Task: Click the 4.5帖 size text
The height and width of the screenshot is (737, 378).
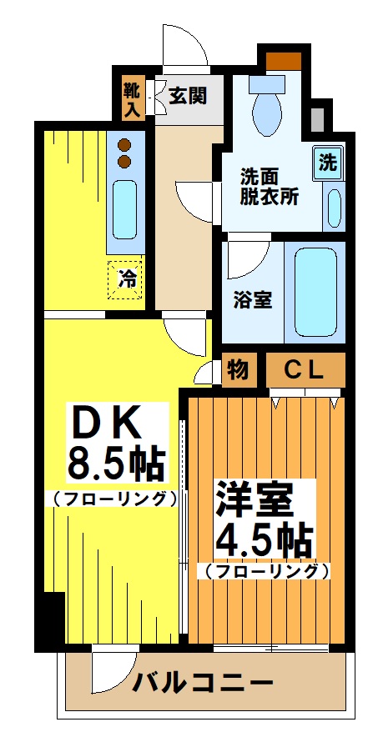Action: [x=264, y=540]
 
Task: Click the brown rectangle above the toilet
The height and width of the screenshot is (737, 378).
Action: [x=282, y=60]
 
